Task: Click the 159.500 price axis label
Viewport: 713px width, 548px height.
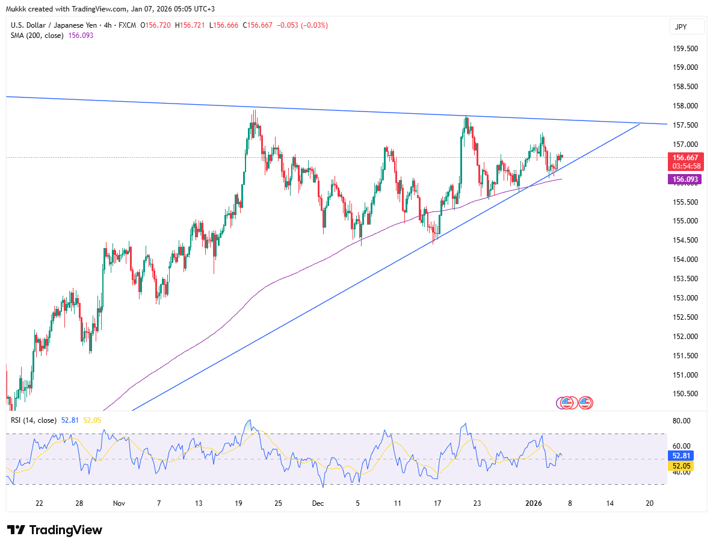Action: click(685, 48)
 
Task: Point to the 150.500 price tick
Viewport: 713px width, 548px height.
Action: click(685, 394)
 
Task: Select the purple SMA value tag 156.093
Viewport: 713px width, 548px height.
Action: click(685, 179)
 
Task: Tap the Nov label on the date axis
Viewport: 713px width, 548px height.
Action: click(119, 503)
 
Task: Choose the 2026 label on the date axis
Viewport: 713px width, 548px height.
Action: click(535, 503)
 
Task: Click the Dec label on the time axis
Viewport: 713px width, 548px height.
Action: click(318, 503)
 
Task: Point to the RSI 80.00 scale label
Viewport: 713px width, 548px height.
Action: click(681, 421)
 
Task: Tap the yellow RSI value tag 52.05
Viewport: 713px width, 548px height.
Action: click(682, 466)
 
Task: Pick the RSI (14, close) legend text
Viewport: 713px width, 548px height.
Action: click(34, 420)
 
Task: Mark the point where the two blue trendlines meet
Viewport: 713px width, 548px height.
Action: click(640, 123)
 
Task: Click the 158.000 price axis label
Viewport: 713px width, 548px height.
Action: click(685, 106)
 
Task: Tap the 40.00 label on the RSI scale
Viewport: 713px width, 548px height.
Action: click(681, 472)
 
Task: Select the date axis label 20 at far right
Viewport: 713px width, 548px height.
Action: click(649, 503)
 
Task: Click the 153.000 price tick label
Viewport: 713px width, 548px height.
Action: click(685, 298)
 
